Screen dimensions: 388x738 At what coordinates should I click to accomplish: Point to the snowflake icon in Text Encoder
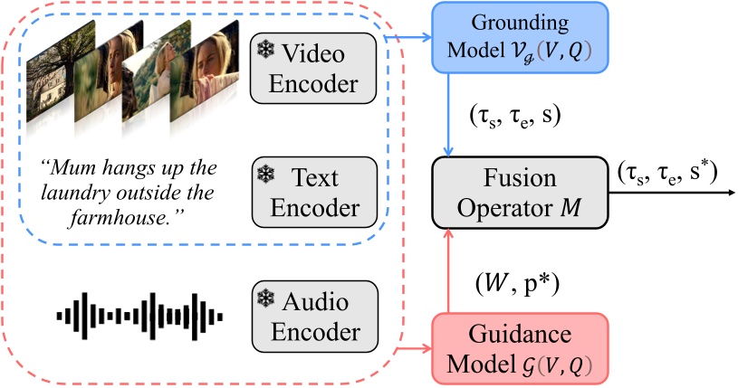[267, 173]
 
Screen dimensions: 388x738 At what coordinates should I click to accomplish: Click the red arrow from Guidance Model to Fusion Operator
[449, 271]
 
